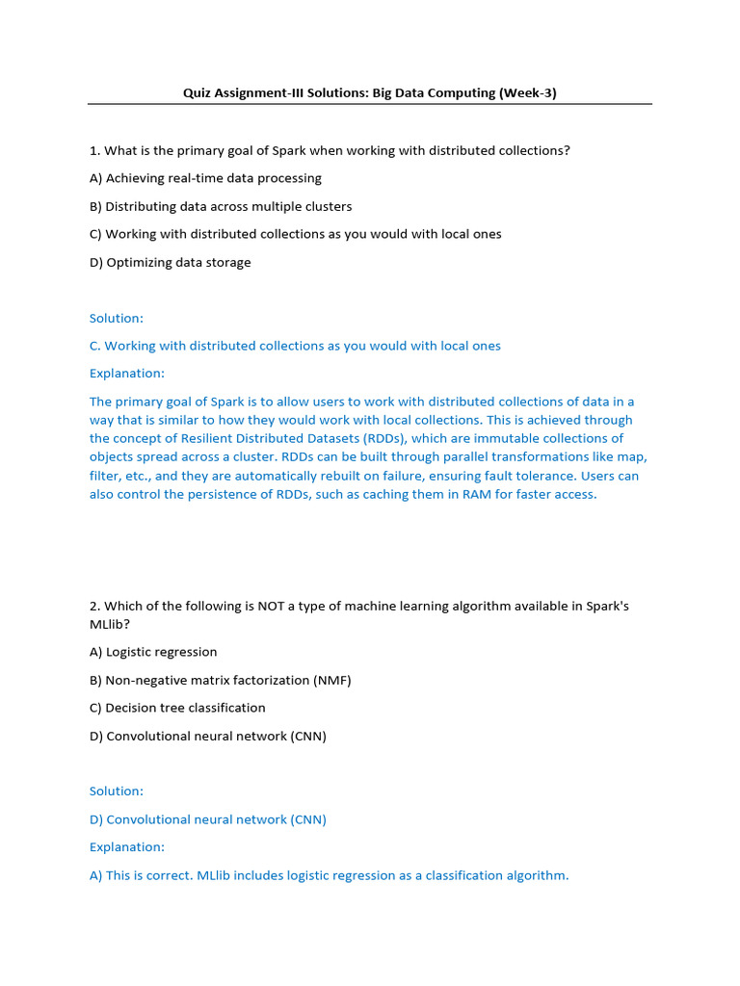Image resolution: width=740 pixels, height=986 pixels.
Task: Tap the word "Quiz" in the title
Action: (x=198, y=93)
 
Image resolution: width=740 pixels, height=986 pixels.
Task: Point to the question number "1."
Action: (x=94, y=150)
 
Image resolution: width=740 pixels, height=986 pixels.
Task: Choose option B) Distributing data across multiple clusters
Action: (x=221, y=206)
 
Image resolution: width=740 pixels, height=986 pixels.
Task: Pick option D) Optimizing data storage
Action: (x=170, y=262)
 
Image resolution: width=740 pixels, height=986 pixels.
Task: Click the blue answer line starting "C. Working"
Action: (x=295, y=346)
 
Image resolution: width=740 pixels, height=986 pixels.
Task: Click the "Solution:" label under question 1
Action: (x=116, y=318)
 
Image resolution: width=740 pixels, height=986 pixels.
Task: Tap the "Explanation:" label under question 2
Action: (x=126, y=847)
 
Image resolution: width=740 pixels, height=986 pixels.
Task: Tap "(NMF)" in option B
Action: (x=331, y=680)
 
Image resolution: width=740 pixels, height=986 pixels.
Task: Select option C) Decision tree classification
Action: (x=177, y=708)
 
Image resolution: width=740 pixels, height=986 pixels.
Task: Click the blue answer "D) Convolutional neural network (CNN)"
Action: (x=208, y=819)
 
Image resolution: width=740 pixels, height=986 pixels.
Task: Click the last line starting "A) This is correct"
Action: (x=329, y=875)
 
